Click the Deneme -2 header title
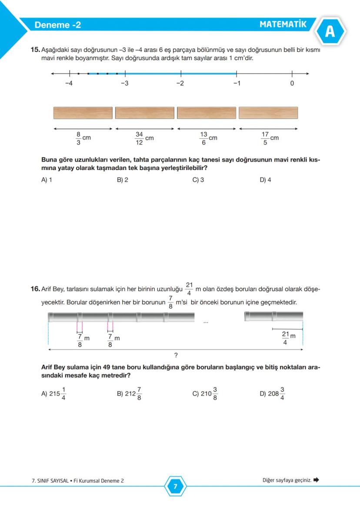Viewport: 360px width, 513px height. click(57, 25)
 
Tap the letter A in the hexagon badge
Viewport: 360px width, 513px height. click(330, 32)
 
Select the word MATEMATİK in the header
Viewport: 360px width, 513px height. click(283, 24)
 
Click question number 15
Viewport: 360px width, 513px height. click(35, 50)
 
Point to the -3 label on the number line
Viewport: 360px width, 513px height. click(124, 83)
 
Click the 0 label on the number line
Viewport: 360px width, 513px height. click(292, 83)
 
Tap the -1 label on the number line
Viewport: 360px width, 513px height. click(236, 83)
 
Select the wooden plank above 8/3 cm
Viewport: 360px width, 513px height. click(83, 113)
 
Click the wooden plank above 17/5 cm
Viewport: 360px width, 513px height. click(268, 113)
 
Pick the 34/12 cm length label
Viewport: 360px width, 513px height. click(144, 138)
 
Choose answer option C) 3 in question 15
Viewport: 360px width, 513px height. click(198, 180)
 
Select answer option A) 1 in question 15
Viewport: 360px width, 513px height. click(47, 180)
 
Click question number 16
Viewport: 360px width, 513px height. click(35, 289)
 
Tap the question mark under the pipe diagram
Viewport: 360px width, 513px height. click(176, 355)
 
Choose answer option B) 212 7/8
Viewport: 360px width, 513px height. click(129, 394)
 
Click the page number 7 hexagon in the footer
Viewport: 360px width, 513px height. click(175, 486)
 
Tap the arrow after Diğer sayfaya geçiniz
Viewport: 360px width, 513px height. click(316, 480)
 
